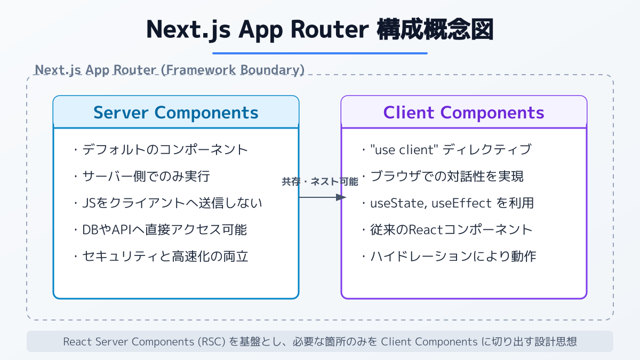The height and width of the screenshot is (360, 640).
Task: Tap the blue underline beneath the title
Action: point(320,53)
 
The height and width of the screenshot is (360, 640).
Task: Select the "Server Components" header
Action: point(176,113)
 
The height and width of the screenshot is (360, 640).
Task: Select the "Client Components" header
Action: point(463,113)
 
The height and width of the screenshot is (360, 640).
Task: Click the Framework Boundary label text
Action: point(170,70)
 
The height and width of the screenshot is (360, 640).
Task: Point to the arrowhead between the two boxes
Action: point(341,197)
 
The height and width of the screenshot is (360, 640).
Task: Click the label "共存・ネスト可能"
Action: point(320,182)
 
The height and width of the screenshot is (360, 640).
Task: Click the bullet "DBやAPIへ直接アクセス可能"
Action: point(160,230)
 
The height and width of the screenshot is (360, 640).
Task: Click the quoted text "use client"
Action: point(405,149)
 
